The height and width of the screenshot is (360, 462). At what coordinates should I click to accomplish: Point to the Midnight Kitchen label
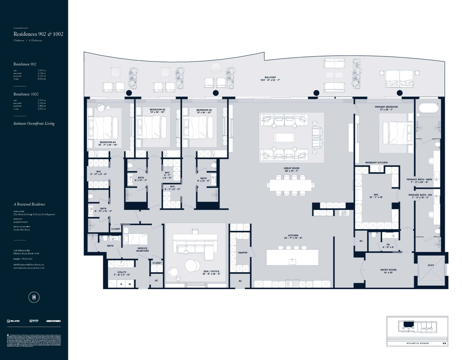tap(376, 162)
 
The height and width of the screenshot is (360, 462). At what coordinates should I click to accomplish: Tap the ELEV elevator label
tap(431, 265)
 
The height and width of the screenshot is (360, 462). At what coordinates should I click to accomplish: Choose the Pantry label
tap(243, 253)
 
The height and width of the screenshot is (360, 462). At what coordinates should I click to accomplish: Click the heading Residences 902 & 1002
tap(38, 34)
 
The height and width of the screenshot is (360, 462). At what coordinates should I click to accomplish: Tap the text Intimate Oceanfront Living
tap(34, 123)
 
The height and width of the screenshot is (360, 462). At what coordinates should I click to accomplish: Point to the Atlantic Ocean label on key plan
tap(417, 343)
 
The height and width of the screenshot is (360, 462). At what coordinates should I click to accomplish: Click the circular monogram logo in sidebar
tap(34, 297)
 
